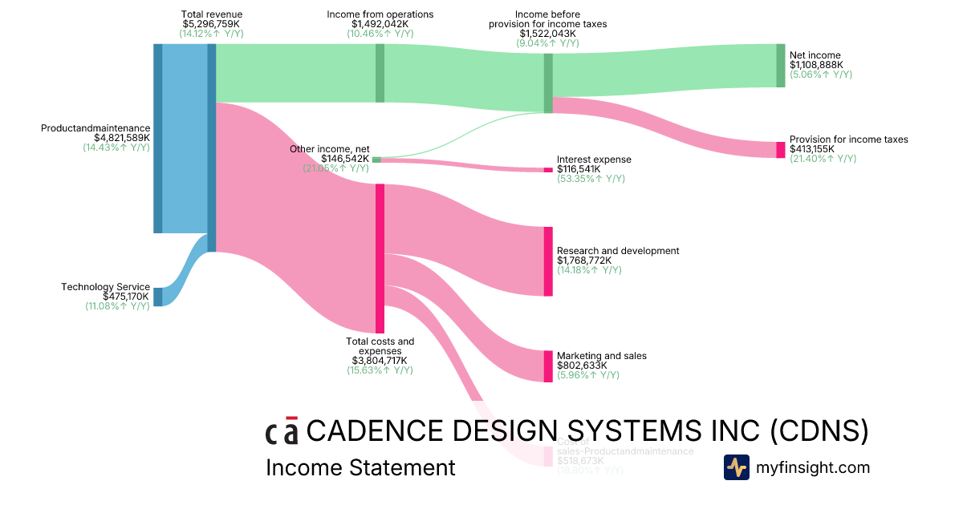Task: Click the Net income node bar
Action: coord(781,65)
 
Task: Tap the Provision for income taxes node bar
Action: coord(781,150)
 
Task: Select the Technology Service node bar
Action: coord(157,297)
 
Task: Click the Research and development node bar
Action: coord(548,261)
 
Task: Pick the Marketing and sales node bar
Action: coord(548,366)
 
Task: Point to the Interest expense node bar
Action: coord(548,170)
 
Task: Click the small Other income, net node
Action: coord(376,160)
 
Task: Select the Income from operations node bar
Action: coord(380,73)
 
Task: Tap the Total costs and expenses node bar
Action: coord(380,258)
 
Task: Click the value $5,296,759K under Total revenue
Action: coord(212,24)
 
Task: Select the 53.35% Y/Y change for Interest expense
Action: coord(591,179)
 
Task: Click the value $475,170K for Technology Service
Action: coord(126,297)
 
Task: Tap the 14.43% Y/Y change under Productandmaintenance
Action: coord(116,147)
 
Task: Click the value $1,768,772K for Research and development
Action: coord(584,261)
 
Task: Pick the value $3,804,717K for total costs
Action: coord(380,361)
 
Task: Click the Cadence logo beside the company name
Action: coord(282,430)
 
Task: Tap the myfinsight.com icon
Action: coord(736,467)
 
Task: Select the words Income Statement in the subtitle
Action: coord(360,467)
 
